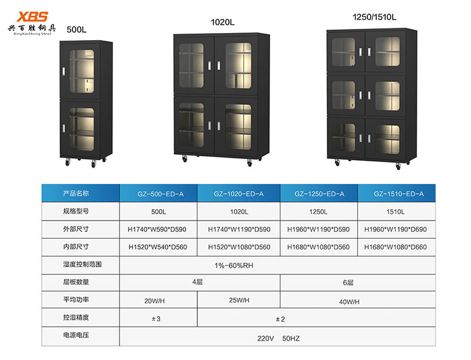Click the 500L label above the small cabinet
click(x=77, y=29)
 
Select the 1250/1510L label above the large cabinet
click(x=373, y=17)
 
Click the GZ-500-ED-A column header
click(x=158, y=193)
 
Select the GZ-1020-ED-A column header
click(x=238, y=193)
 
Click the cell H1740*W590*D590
click(x=158, y=229)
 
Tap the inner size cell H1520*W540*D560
click(x=158, y=247)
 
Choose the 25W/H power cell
click(x=238, y=300)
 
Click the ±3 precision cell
click(x=158, y=318)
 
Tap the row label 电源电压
click(x=75, y=336)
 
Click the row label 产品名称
click(x=75, y=193)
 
